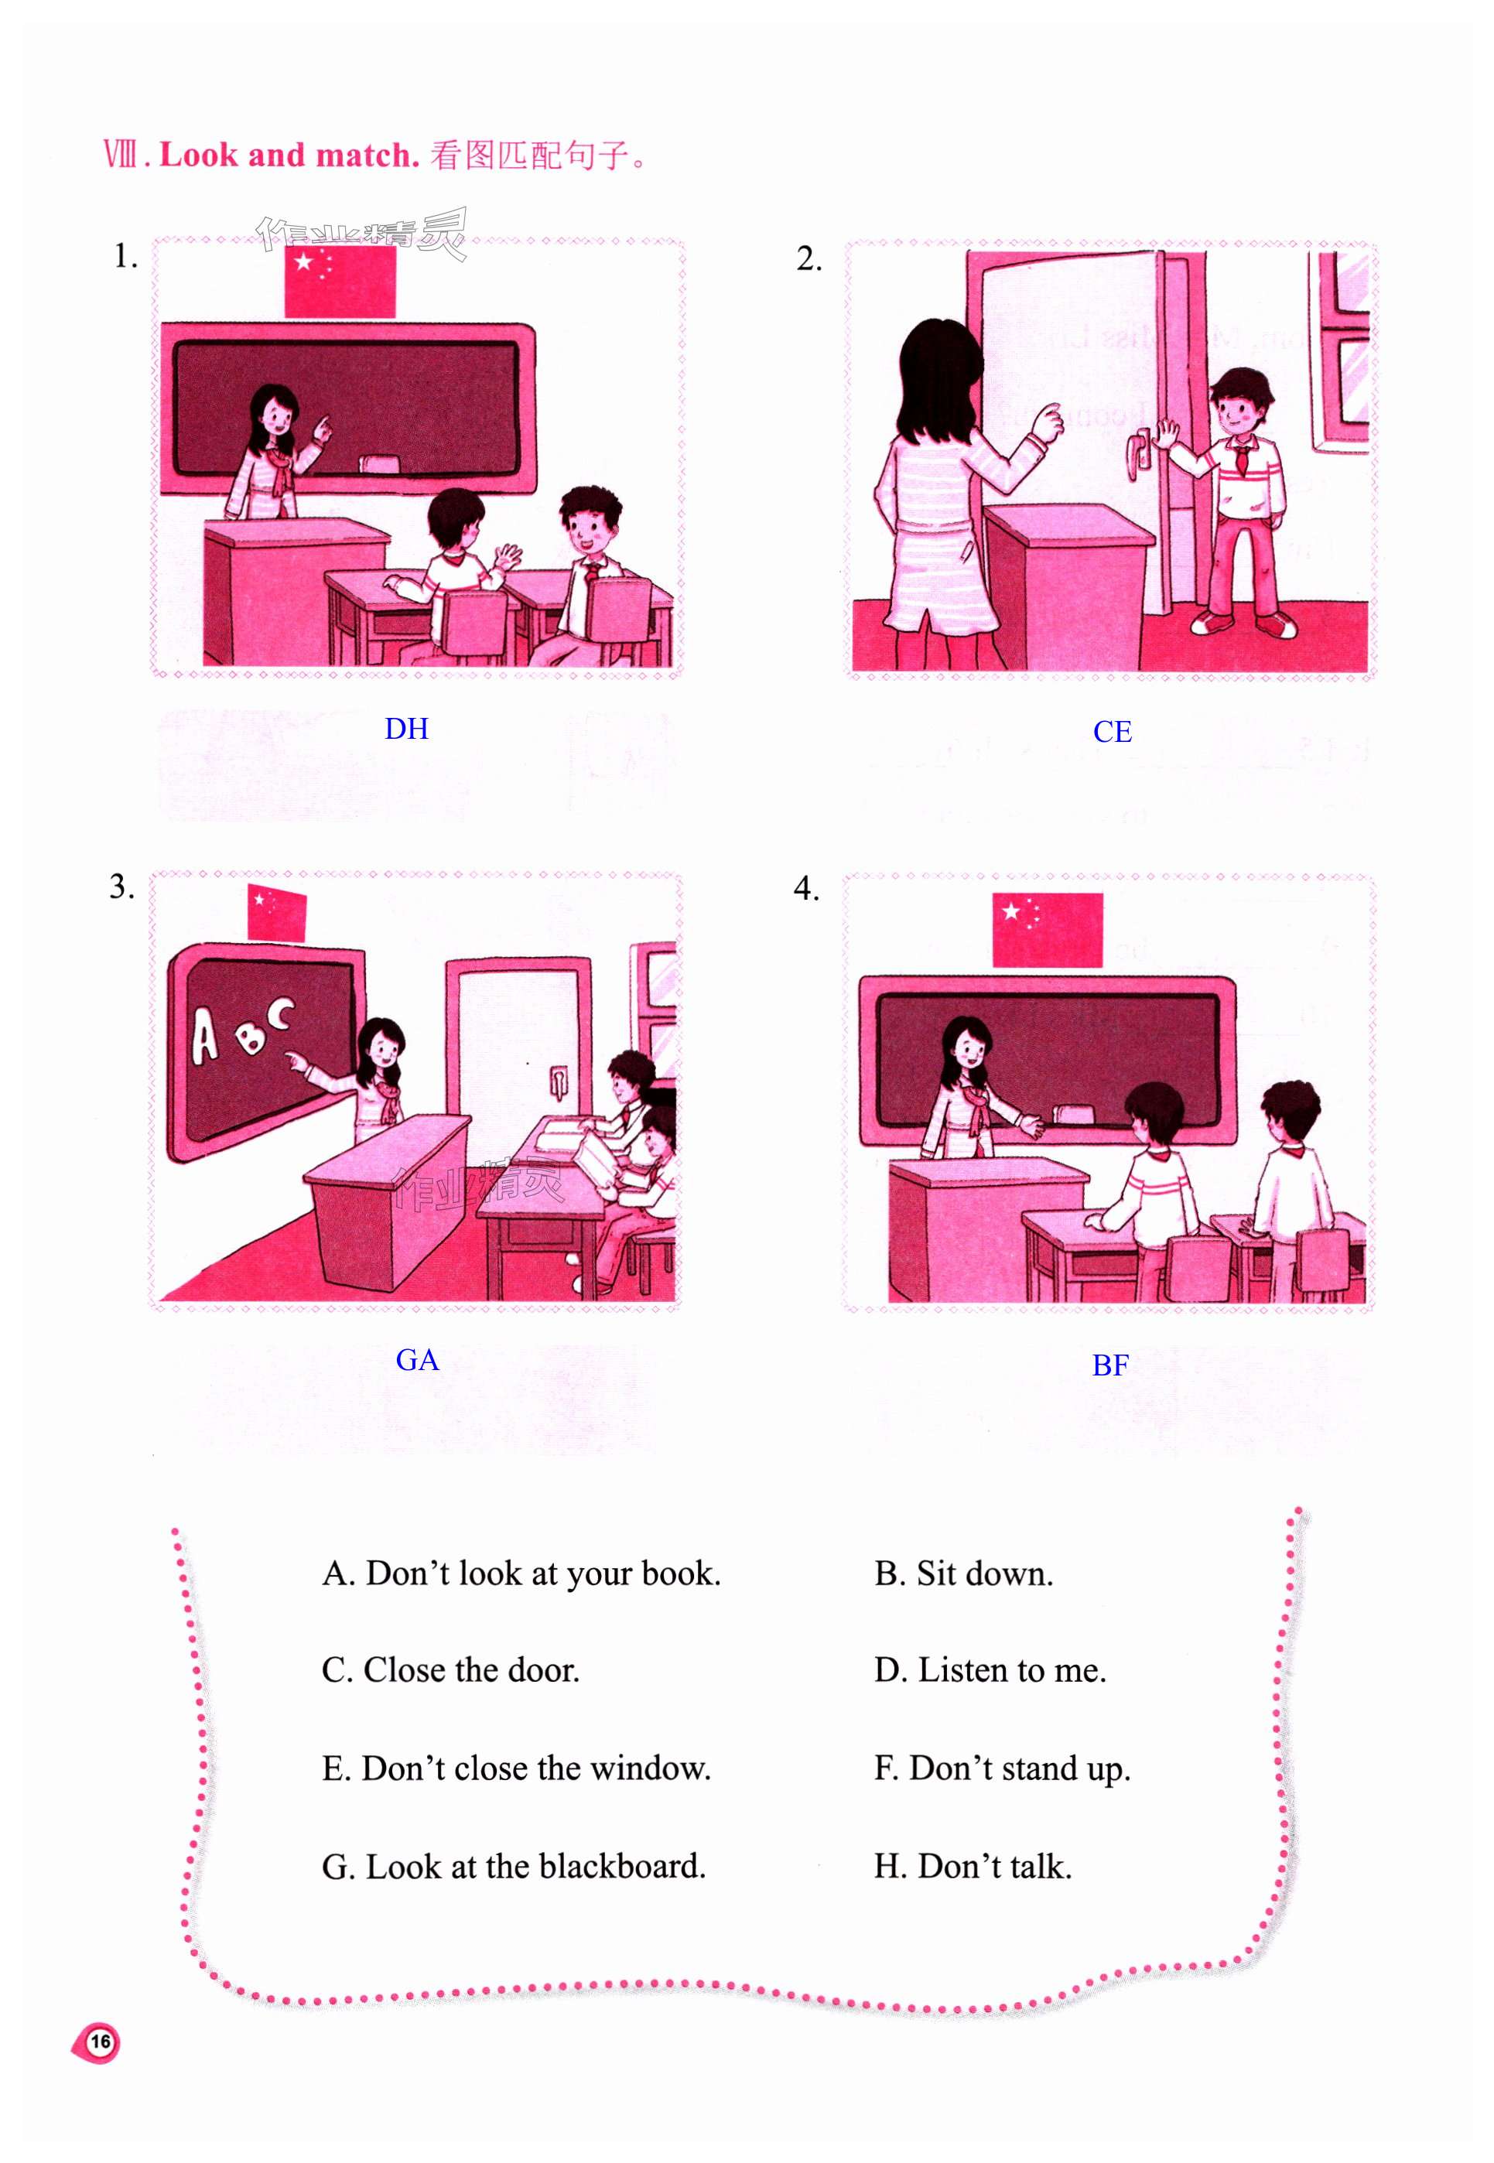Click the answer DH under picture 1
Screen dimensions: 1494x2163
click(x=406, y=728)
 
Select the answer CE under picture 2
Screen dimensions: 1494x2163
click(x=1112, y=731)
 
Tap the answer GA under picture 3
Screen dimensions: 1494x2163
click(x=418, y=1359)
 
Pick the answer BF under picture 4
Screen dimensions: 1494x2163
click(x=1110, y=1365)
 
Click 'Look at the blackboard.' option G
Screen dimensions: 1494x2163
click(x=514, y=1865)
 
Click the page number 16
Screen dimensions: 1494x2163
click(x=100, y=2041)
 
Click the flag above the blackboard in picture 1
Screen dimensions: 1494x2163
click(x=340, y=282)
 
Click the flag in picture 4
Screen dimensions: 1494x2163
click(x=1048, y=929)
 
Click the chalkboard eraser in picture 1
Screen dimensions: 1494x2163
click(x=378, y=463)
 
